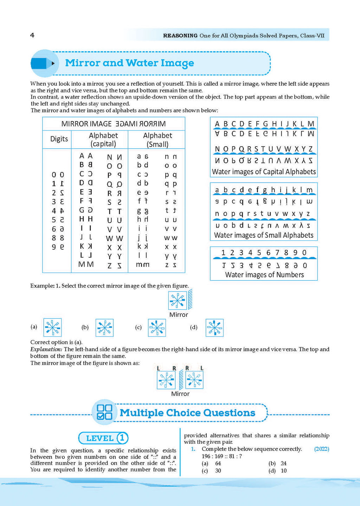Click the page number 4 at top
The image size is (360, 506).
click(32, 35)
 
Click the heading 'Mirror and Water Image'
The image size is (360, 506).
click(129, 63)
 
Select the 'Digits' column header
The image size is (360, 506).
click(59, 139)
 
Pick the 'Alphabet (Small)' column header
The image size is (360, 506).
click(157, 140)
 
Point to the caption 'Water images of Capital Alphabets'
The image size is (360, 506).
click(264, 172)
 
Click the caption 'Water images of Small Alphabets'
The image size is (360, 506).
click(264, 235)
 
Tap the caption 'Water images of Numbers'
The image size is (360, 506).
click(264, 275)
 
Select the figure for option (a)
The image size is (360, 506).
click(52, 327)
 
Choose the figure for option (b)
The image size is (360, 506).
click(104, 328)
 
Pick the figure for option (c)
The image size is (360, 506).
click(157, 328)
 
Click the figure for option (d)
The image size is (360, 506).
click(214, 328)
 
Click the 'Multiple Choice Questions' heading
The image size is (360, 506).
click(187, 413)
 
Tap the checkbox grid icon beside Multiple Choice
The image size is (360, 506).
click(104, 412)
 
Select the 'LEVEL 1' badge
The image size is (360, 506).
click(103, 438)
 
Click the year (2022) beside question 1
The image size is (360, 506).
click(321, 449)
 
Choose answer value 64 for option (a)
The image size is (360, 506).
click(218, 463)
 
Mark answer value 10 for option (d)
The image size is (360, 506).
click(284, 471)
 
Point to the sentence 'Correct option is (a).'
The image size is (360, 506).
click(56, 342)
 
